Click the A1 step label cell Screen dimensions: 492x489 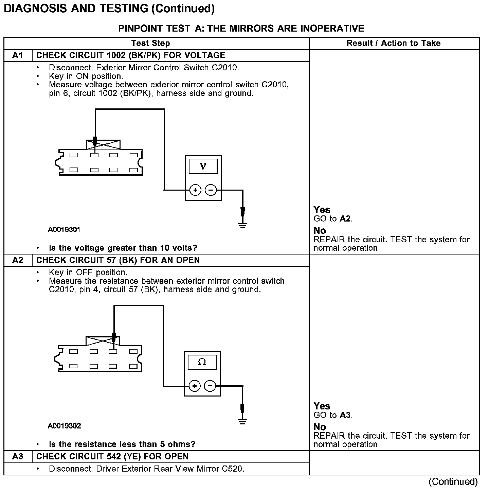click(x=18, y=55)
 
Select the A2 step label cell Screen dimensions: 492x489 click(x=18, y=260)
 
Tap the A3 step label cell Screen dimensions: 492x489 click(x=18, y=457)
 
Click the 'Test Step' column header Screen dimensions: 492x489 click(x=150, y=43)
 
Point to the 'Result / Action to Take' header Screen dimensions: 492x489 click(x=394, y=43)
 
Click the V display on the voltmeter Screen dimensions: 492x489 click(x=203, y=166)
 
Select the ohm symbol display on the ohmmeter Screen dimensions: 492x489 click(x=202, y=362)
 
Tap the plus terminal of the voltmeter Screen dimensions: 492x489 click(x=195, y=190)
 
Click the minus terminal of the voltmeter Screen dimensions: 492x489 click(x=211, y=190)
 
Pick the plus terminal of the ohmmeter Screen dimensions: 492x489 click(x=194, y=386)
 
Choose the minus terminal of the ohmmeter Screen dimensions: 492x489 click(x=210, y=386)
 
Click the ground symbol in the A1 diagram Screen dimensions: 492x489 click(x=242, y=225)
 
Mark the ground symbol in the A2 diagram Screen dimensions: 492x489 click(x=242, y=421)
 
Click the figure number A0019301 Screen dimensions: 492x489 click(x=64, y=230)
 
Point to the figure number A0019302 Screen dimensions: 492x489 click(x=64, y=426)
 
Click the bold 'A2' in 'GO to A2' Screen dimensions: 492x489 click(x=345, y=219)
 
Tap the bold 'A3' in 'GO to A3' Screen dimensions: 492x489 click(x=345, y=415)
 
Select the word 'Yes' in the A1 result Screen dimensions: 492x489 click(x=322, y=210)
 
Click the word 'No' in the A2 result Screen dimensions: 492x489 click(x=320, y=427)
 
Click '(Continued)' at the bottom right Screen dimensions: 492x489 click(x=453, y=481)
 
